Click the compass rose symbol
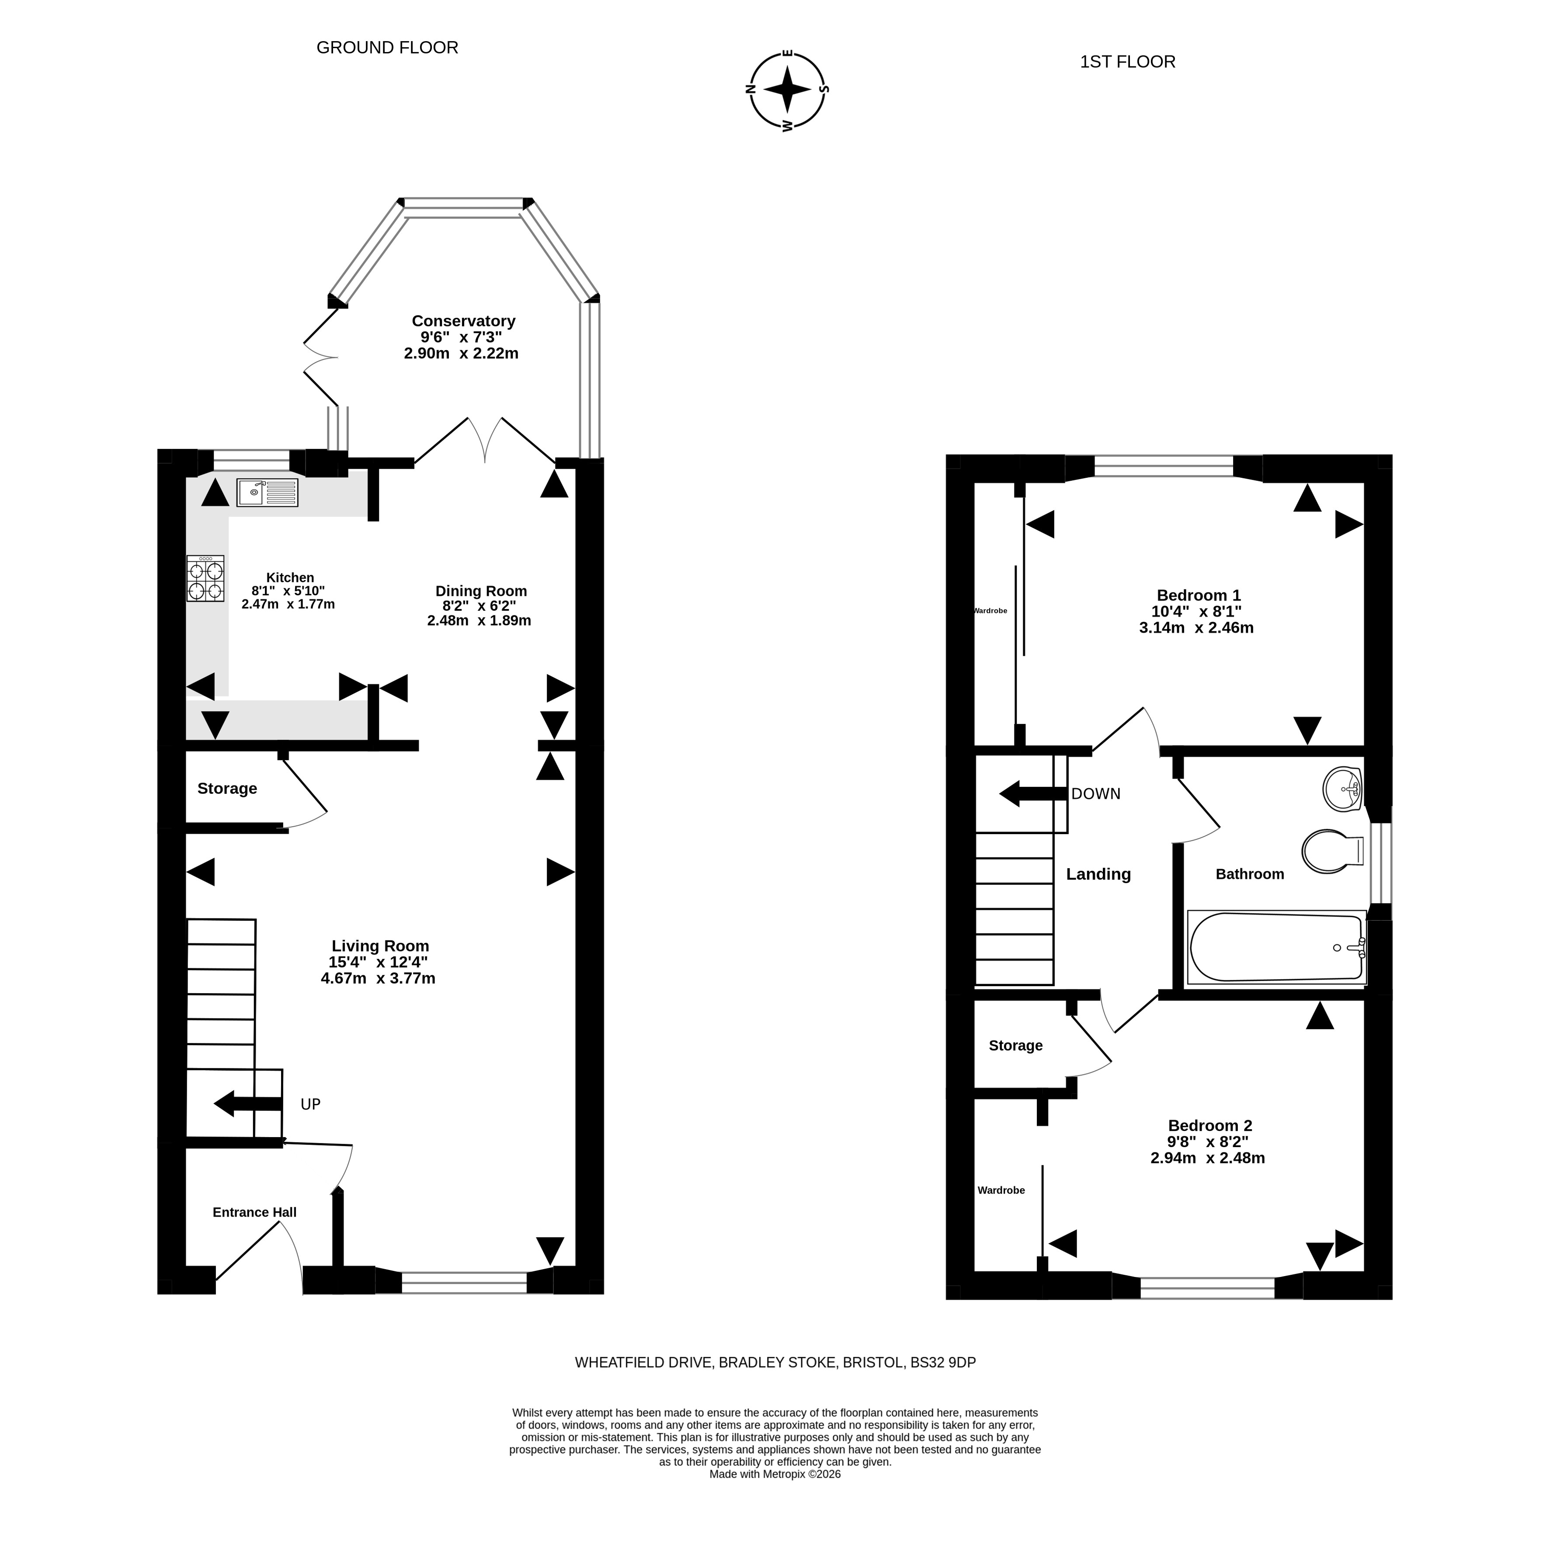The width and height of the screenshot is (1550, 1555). pos(788,89)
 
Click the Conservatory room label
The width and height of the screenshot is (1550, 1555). pos(463,321)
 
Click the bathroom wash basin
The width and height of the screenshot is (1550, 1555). pos(1341,789)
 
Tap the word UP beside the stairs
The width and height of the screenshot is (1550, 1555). pos(311,1104)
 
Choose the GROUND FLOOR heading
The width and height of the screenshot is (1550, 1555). pos(387,48)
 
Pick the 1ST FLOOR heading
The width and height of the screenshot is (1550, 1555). pos(1127,62)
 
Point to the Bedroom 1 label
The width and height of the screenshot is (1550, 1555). pos(1198,595)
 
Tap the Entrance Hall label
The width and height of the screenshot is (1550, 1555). pos(254,1212)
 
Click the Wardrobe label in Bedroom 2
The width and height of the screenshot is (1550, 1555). pos(1001,1190)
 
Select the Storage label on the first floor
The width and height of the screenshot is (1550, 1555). pos(1015,1046)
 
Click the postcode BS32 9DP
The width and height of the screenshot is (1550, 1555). pos(942,1363)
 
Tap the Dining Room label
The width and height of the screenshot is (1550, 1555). pos(481,591)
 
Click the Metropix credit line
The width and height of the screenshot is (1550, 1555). pos(775,1497)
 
